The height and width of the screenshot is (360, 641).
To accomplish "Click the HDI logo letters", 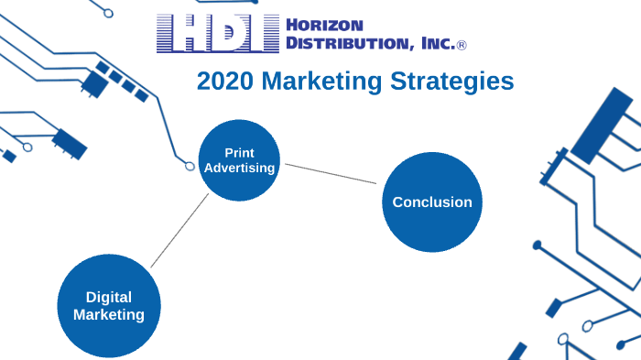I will (x=217, y=34).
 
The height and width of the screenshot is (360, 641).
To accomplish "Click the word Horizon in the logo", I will (x=325, y=25).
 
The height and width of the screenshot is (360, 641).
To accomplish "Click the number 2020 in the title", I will (x=225, y=82).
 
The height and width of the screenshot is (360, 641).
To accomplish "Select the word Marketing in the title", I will (x=331, y=82).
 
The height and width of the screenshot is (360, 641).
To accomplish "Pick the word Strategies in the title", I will (x=462, y=82).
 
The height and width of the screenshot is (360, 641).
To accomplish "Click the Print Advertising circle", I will (x=238, y=160).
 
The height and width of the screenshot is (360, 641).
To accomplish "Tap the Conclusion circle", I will (x=432, y=202).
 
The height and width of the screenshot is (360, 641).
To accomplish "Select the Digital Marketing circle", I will (x=109, y=305).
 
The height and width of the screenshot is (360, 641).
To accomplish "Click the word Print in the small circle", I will (x=239, y=152).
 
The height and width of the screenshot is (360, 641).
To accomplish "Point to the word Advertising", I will (x=239, y=169).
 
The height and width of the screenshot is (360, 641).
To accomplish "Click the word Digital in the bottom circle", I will (x=109, y=297).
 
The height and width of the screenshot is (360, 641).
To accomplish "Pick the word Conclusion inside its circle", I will (x=432, y=202).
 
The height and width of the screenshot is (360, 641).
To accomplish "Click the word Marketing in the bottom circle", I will (x=109, y=314).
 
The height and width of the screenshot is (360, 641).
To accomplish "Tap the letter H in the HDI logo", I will (x=179, y=34).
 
